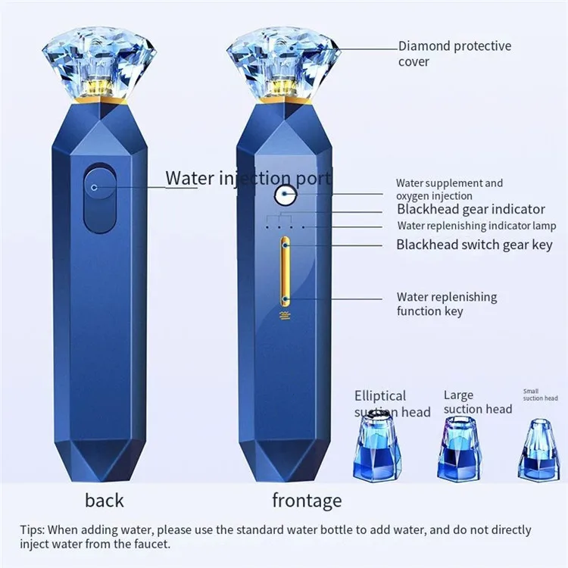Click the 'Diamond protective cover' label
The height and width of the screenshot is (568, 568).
(454, 53)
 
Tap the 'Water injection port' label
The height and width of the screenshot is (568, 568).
(248, 179)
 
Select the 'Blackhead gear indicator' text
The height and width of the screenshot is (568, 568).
(470, 209)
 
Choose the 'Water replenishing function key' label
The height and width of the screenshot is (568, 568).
(446, 304)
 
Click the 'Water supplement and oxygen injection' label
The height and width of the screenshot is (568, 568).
(449, 189)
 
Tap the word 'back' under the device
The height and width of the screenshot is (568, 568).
(105, 500)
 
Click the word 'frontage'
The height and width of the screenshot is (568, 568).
(307, 500)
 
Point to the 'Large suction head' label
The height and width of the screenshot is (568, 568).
(477, 402)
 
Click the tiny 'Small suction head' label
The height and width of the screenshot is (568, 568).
(540, 395)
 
